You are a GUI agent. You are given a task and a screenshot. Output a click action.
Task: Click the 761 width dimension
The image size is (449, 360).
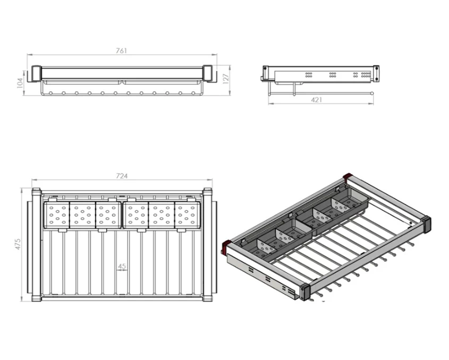tap(121, 51)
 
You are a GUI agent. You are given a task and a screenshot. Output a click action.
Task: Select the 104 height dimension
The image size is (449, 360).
tap(20, 83)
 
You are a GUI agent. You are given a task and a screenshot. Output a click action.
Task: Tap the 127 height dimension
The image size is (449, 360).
tap(226, 79)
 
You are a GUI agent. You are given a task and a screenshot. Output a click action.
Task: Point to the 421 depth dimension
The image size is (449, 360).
tap(317, 100)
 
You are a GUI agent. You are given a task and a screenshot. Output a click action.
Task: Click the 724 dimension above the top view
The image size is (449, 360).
tap(122, 176)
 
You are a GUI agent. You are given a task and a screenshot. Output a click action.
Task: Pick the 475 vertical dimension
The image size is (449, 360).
tap(18, 244)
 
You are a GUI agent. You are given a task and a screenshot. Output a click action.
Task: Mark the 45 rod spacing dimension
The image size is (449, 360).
tap(122, 267)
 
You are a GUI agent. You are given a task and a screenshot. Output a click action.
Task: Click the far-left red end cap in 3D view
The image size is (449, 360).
tap(226, 246)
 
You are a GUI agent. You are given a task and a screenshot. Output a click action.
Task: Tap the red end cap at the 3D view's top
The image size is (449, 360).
tap(348, 176)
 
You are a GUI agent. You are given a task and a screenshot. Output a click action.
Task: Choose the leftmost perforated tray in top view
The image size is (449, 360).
tap(56, 215)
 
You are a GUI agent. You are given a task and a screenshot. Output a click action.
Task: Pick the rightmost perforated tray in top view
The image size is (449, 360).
tap(187, 215)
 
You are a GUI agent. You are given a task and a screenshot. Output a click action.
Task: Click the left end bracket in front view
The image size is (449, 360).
tap(36, 74)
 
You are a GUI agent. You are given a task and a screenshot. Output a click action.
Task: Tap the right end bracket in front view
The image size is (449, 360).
tap(208, 74)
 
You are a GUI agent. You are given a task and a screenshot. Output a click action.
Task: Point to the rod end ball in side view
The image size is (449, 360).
tap(371, 93)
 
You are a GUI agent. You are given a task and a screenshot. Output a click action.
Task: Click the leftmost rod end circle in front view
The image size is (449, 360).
tap(50, 93)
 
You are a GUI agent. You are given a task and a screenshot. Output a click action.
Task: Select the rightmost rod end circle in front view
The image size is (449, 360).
tap(193, 93)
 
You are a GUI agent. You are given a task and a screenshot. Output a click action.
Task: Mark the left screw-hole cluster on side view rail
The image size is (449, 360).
tap(309, 75)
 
